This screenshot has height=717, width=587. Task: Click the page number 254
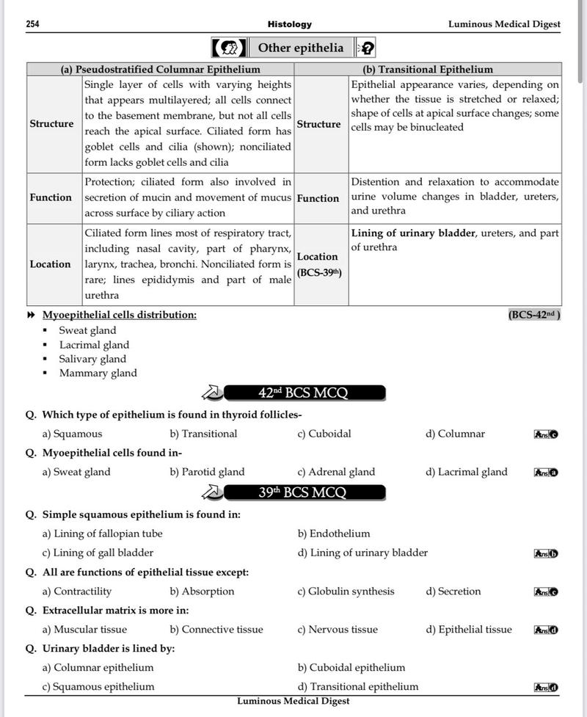(x=32, y=24)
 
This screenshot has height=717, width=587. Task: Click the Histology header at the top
(x=290, y=24)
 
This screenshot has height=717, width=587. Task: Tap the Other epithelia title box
(x=300, y=48)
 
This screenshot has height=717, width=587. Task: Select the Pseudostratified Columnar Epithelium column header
(x=160, y=69)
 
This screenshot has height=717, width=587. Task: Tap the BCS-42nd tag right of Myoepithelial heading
(x=533, y=315)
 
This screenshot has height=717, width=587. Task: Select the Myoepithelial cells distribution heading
(x=119, y=315)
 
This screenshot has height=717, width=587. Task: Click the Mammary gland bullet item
(x=98, y=373)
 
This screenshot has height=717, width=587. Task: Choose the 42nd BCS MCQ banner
(x=303, y=393)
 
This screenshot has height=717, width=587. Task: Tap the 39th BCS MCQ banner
(x=303, y=492)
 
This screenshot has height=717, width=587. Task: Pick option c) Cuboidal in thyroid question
(x=324, y=434)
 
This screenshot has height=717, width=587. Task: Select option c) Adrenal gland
(x=336, y=472)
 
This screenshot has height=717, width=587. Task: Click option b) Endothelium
(x=334, y=534)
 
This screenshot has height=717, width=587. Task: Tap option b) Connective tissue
(x=216, y=630)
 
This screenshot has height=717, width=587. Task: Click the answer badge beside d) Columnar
(x=546, y=434)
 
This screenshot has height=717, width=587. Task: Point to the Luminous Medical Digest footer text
(x=293, y=701)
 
